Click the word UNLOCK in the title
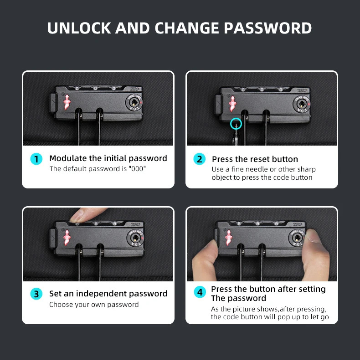(79, 28)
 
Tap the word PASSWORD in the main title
(268, 28)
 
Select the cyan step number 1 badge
(36, 159)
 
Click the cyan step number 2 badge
(199, 159)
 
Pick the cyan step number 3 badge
(36, 294)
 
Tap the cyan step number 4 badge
(200, 292)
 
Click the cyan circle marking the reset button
(236, 118)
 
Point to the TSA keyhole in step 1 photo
(134, 102)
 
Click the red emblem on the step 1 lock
(67, 102)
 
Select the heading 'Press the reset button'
(255, 159)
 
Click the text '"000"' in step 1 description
(137, 169)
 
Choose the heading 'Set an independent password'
(108, 294)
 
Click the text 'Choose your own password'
(94, 305)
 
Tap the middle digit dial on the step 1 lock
(95, 88)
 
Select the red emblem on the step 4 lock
(228, 238)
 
